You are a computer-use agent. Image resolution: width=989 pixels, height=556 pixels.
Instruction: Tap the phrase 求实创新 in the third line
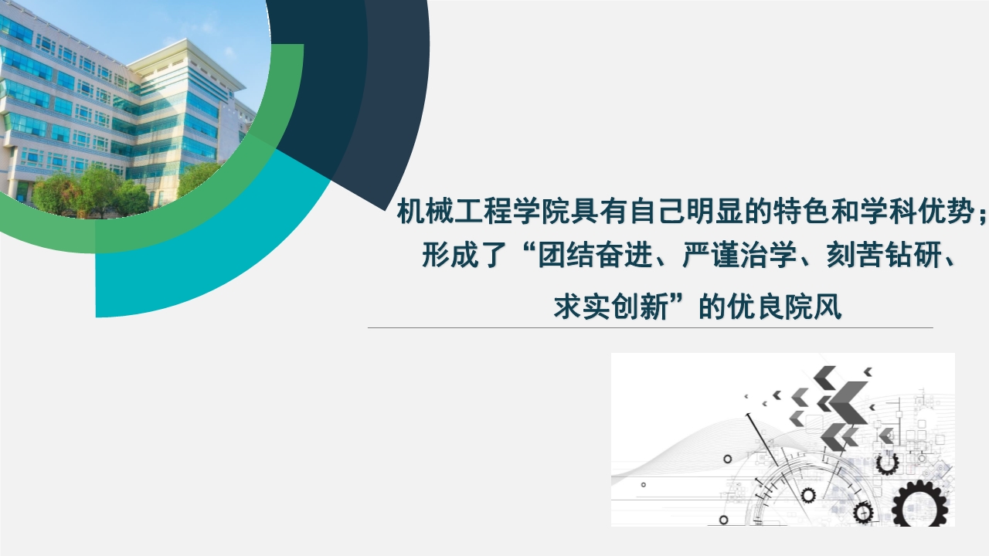610,307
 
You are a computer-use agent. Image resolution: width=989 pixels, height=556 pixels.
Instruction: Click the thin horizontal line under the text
651,328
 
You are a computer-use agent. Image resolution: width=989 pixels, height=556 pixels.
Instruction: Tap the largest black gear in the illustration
919,504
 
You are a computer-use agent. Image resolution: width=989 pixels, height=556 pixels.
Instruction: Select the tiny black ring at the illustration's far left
644,484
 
